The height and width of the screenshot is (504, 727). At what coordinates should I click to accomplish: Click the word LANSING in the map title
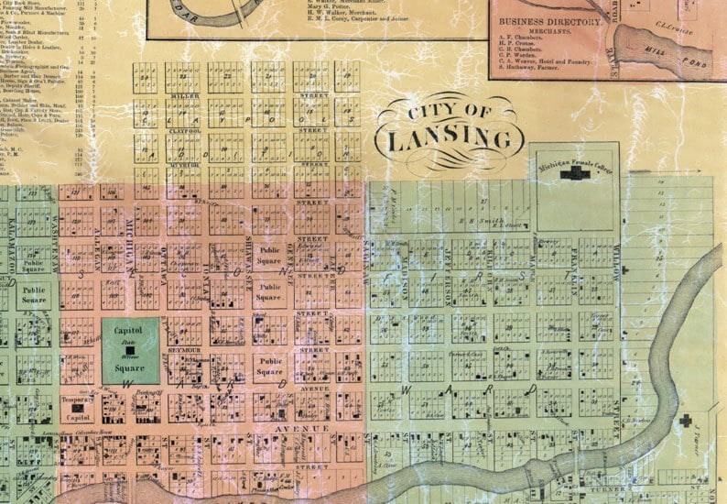pyautogui.click(x=448, y=140)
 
